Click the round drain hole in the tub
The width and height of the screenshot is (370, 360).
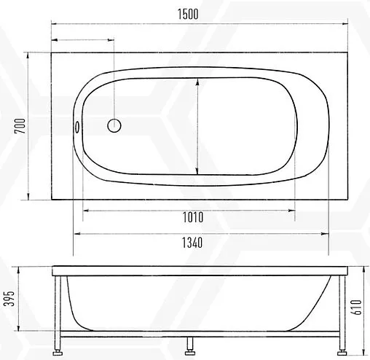[114, 125]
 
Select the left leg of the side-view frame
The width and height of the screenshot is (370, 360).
[58, 313]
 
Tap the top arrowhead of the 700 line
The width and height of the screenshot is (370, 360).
[28, 55]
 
